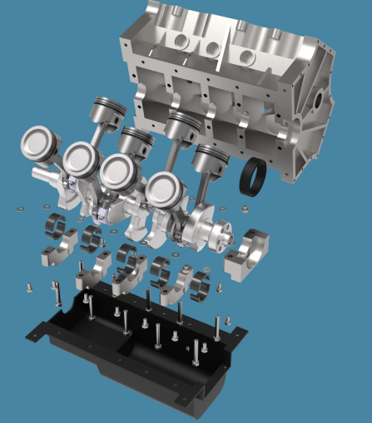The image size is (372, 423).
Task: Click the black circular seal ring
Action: coord(253,179)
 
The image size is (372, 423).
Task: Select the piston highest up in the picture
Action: coord(107,110)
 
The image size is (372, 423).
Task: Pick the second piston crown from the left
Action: coord(81,156)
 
